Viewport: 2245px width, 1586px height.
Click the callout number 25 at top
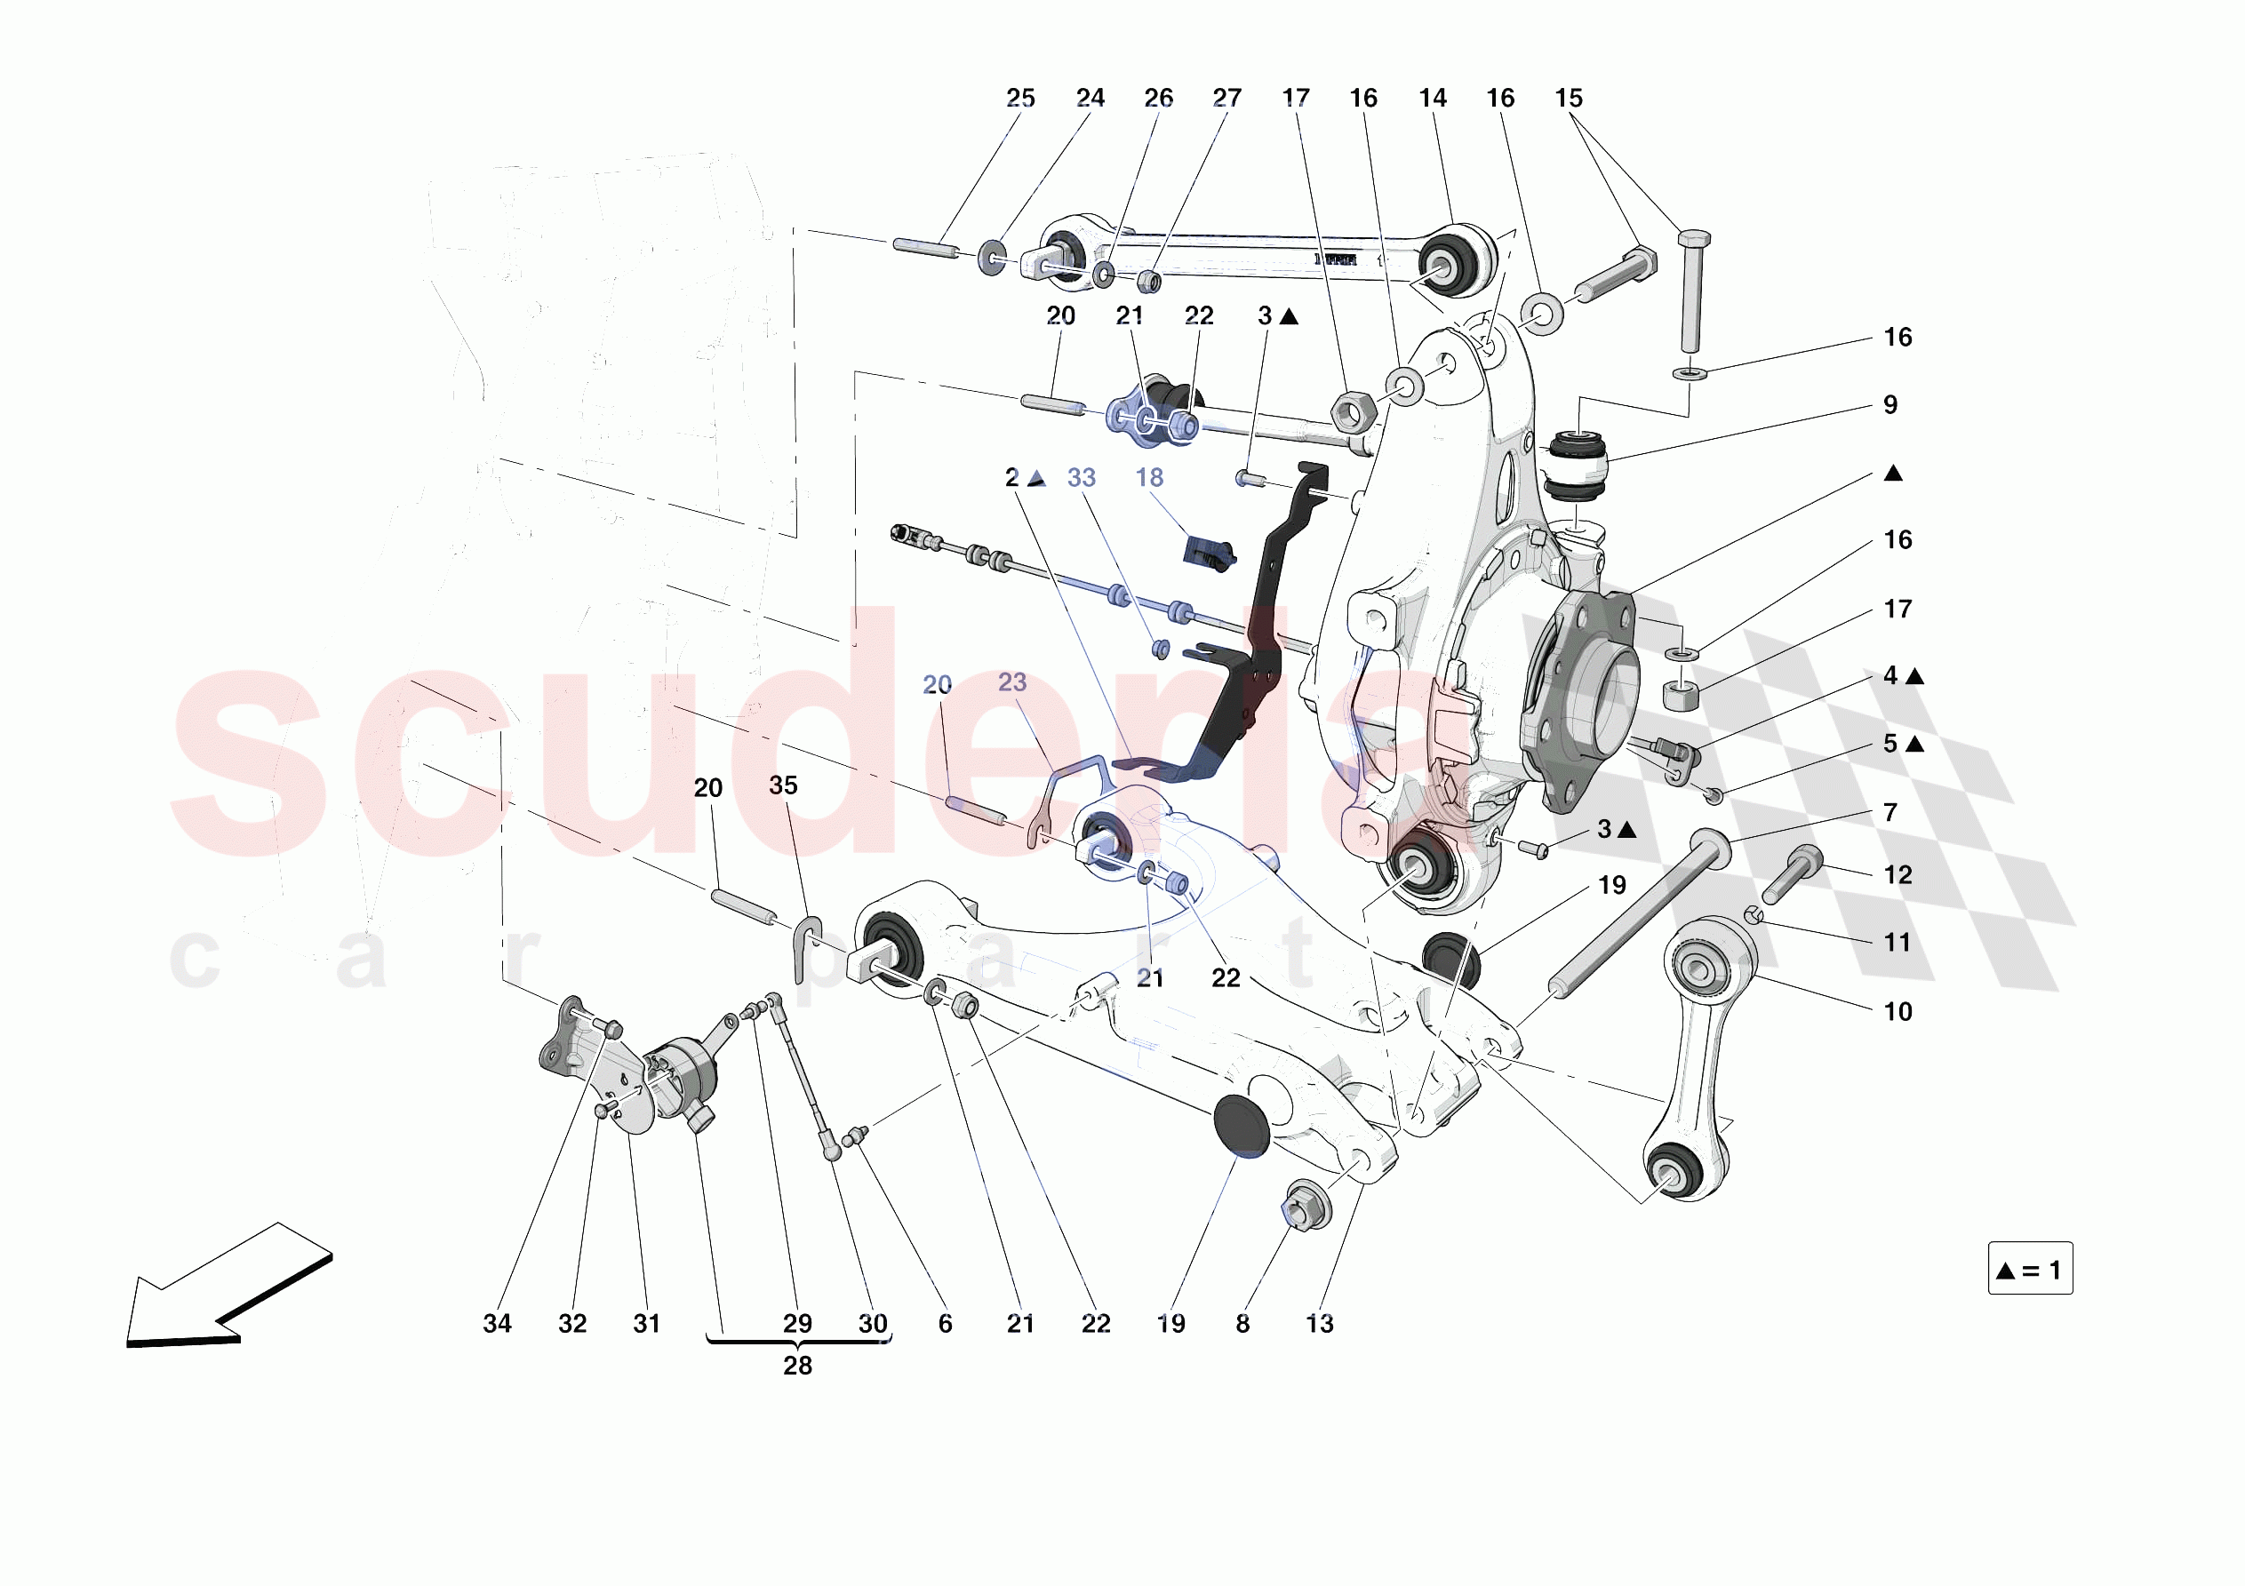tap(1019, 98)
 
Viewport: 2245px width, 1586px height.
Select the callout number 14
tap(1433, 98)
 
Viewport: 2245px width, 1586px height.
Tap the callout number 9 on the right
tap(1890, 405)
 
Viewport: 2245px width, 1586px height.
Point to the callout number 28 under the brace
tap(797, 1365)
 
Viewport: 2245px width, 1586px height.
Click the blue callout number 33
tap(1081, 477)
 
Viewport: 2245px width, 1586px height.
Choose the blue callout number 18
tap(1149, 477)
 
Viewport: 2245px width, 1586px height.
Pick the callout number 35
tap(782, 785)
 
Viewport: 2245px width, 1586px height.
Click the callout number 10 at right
tap(1897, 1011)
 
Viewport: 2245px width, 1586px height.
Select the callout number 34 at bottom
tap(497, 1323)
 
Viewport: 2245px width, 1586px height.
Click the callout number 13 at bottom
tap(1319, 1323)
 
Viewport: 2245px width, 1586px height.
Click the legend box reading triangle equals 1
tap(2030, 1269)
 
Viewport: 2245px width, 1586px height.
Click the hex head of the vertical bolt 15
tap(1694, 237)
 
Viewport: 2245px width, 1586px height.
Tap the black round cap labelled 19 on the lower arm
tap(1241, 1127)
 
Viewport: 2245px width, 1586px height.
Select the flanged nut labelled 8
tap(1304, 1207)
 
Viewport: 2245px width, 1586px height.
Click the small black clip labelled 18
tap(1210, 554)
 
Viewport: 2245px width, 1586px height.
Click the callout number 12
tap(1897, 874)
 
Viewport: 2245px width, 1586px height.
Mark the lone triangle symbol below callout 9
tap(1893, 474)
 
